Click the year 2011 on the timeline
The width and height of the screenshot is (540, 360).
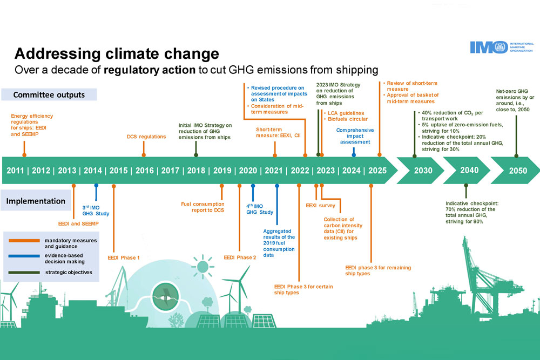click(x=15, y=171)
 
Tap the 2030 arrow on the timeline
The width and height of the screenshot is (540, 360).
click(x=423, y=171)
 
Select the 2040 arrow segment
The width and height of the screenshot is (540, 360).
click(x=469, y=171)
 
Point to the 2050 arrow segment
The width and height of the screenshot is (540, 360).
click(x=518, y=171)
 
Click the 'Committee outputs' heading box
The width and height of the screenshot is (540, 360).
click(x=49, y=95)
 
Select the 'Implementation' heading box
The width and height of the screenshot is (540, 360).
click(x=36, y=201)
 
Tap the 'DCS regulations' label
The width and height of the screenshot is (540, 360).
click(x=146, y=137)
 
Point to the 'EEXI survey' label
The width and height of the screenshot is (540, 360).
click(x=325, y=206)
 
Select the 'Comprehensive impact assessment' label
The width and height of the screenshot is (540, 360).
click(x=354, y=136)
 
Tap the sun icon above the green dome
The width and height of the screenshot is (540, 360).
click(x=203, y=266)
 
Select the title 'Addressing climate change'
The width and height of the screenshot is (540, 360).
click(x=117, y=54)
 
